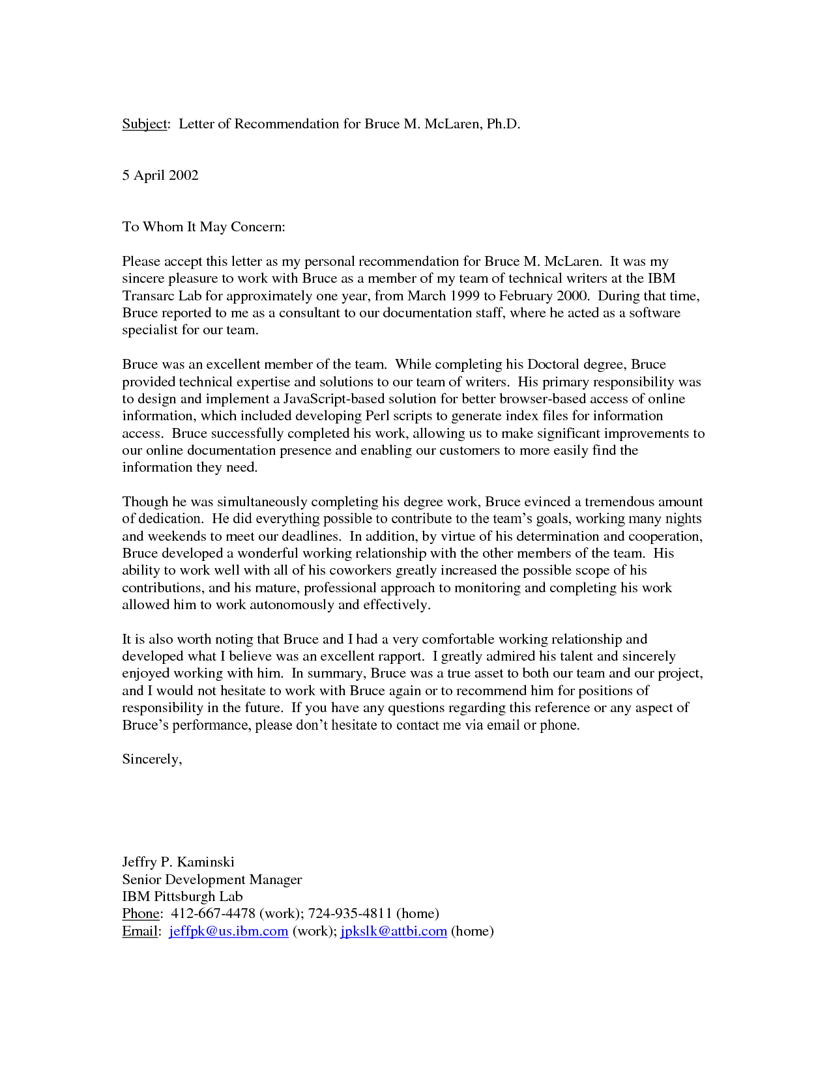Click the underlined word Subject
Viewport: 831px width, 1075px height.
point(145,124)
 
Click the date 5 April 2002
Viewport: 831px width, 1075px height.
point(160,175)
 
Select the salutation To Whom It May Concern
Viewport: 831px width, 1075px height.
point(203,227)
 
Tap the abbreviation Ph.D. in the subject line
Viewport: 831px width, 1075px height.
point(503,124)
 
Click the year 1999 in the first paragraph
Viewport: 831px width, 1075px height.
point(464,296)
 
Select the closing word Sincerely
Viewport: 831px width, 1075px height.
point(152,759)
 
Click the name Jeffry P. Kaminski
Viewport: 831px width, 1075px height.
point(178,862)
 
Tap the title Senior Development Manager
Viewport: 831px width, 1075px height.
point(212,880)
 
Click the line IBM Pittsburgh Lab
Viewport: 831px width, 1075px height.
point(182,896)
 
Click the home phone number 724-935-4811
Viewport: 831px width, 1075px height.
point(349,913)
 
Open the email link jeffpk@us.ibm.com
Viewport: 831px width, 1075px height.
point(228,931)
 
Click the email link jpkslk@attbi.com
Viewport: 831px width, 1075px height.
point(394,931)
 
